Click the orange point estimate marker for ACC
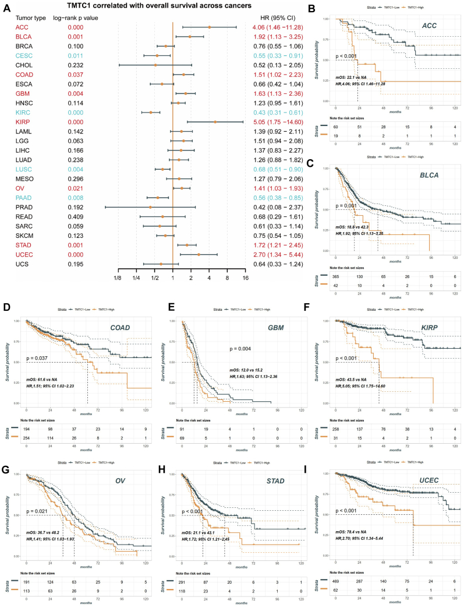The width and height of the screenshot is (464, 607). [210, 27]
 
